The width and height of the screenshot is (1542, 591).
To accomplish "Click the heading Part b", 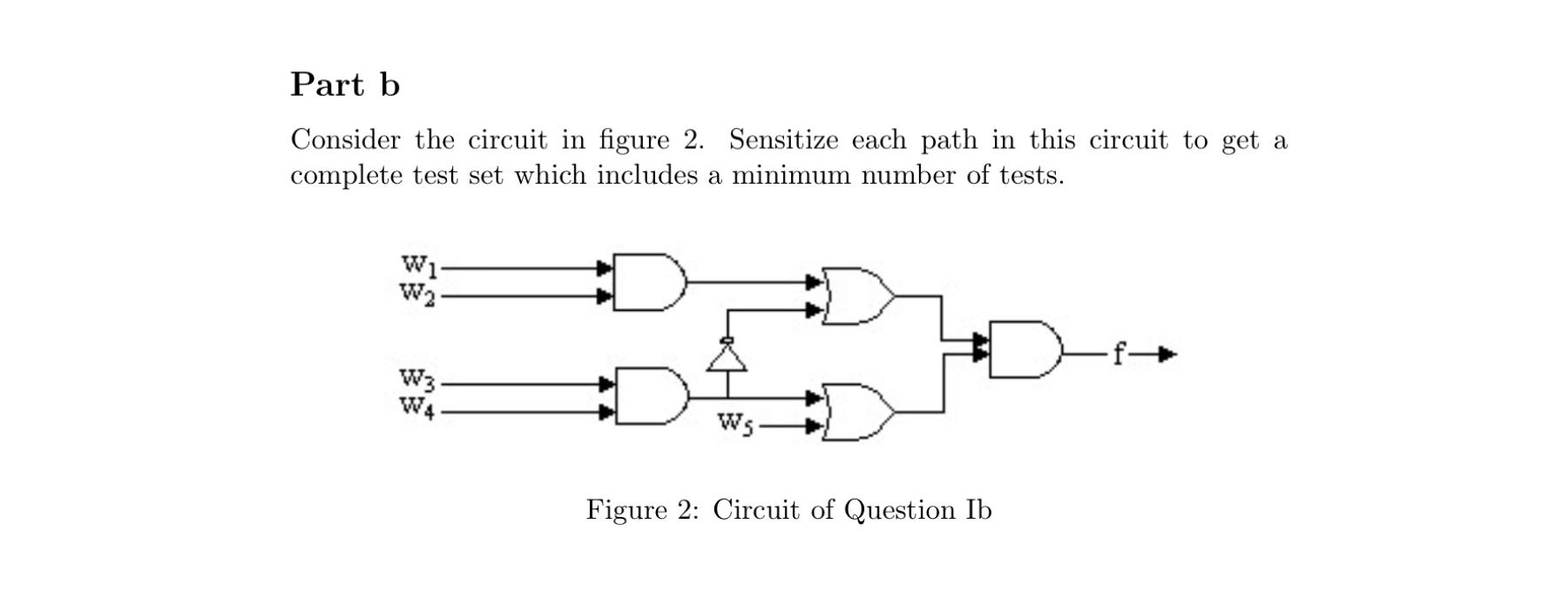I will pos(345,84).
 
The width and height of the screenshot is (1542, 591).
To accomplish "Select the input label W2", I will pos(416,293).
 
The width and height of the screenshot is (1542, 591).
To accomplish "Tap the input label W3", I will pos(416,379).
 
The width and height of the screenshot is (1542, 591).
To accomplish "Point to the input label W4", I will pos(416,407).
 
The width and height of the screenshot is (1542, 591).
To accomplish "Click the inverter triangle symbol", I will pos(727,358).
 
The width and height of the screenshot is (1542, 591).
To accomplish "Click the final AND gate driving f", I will pos(1025,350).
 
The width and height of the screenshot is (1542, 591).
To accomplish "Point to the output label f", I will pos(1121,353).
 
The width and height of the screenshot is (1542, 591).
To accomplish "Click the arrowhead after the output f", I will pos(1167,354).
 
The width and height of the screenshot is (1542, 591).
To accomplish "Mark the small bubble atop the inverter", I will pos(727,340).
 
